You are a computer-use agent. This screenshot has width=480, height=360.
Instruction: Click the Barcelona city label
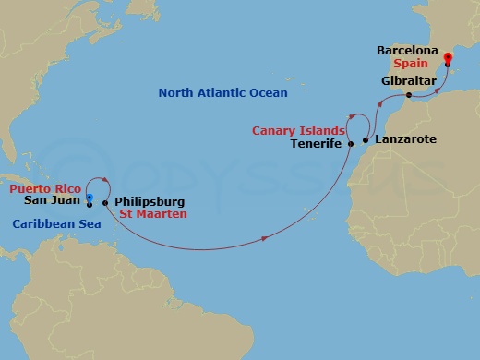(x=408, y=51)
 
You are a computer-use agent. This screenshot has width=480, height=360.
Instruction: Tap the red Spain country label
(x=409, y=66)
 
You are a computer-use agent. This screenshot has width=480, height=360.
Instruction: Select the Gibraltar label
(x=408, y=81)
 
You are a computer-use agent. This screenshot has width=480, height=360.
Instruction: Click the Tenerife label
(x=316, y=144)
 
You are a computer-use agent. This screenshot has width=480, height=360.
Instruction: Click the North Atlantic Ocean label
(x=222, y=93)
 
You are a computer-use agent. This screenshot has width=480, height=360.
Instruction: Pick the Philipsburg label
(x=150, y=201)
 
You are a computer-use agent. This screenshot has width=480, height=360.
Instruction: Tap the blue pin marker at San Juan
(x=90, y=198)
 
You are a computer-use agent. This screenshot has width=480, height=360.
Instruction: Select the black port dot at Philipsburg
(x=106, y=202)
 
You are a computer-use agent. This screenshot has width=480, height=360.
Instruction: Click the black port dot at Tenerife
(x=351, y=144)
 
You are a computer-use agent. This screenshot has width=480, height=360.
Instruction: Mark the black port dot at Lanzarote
(x=366, y=140)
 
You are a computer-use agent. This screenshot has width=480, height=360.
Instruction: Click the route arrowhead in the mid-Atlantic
(x=267, y=239)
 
